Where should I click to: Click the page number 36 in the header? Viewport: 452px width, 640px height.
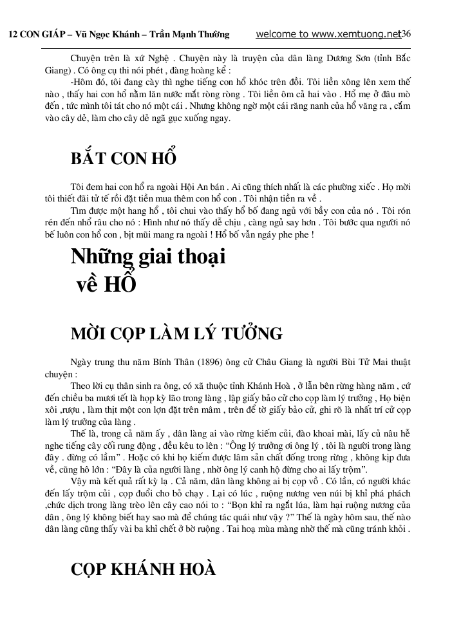[406, 33]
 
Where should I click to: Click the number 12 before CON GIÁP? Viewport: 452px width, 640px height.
[12, 34]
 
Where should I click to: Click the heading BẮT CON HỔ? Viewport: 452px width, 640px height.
[124, 158]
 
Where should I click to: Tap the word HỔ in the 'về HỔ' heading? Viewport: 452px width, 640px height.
[122, 284]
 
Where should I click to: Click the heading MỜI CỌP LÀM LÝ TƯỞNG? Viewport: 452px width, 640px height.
[176, 334]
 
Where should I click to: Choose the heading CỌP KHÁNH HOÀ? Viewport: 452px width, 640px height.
[143, 569]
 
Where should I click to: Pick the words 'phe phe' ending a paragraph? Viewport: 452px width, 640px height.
[297, 236]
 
